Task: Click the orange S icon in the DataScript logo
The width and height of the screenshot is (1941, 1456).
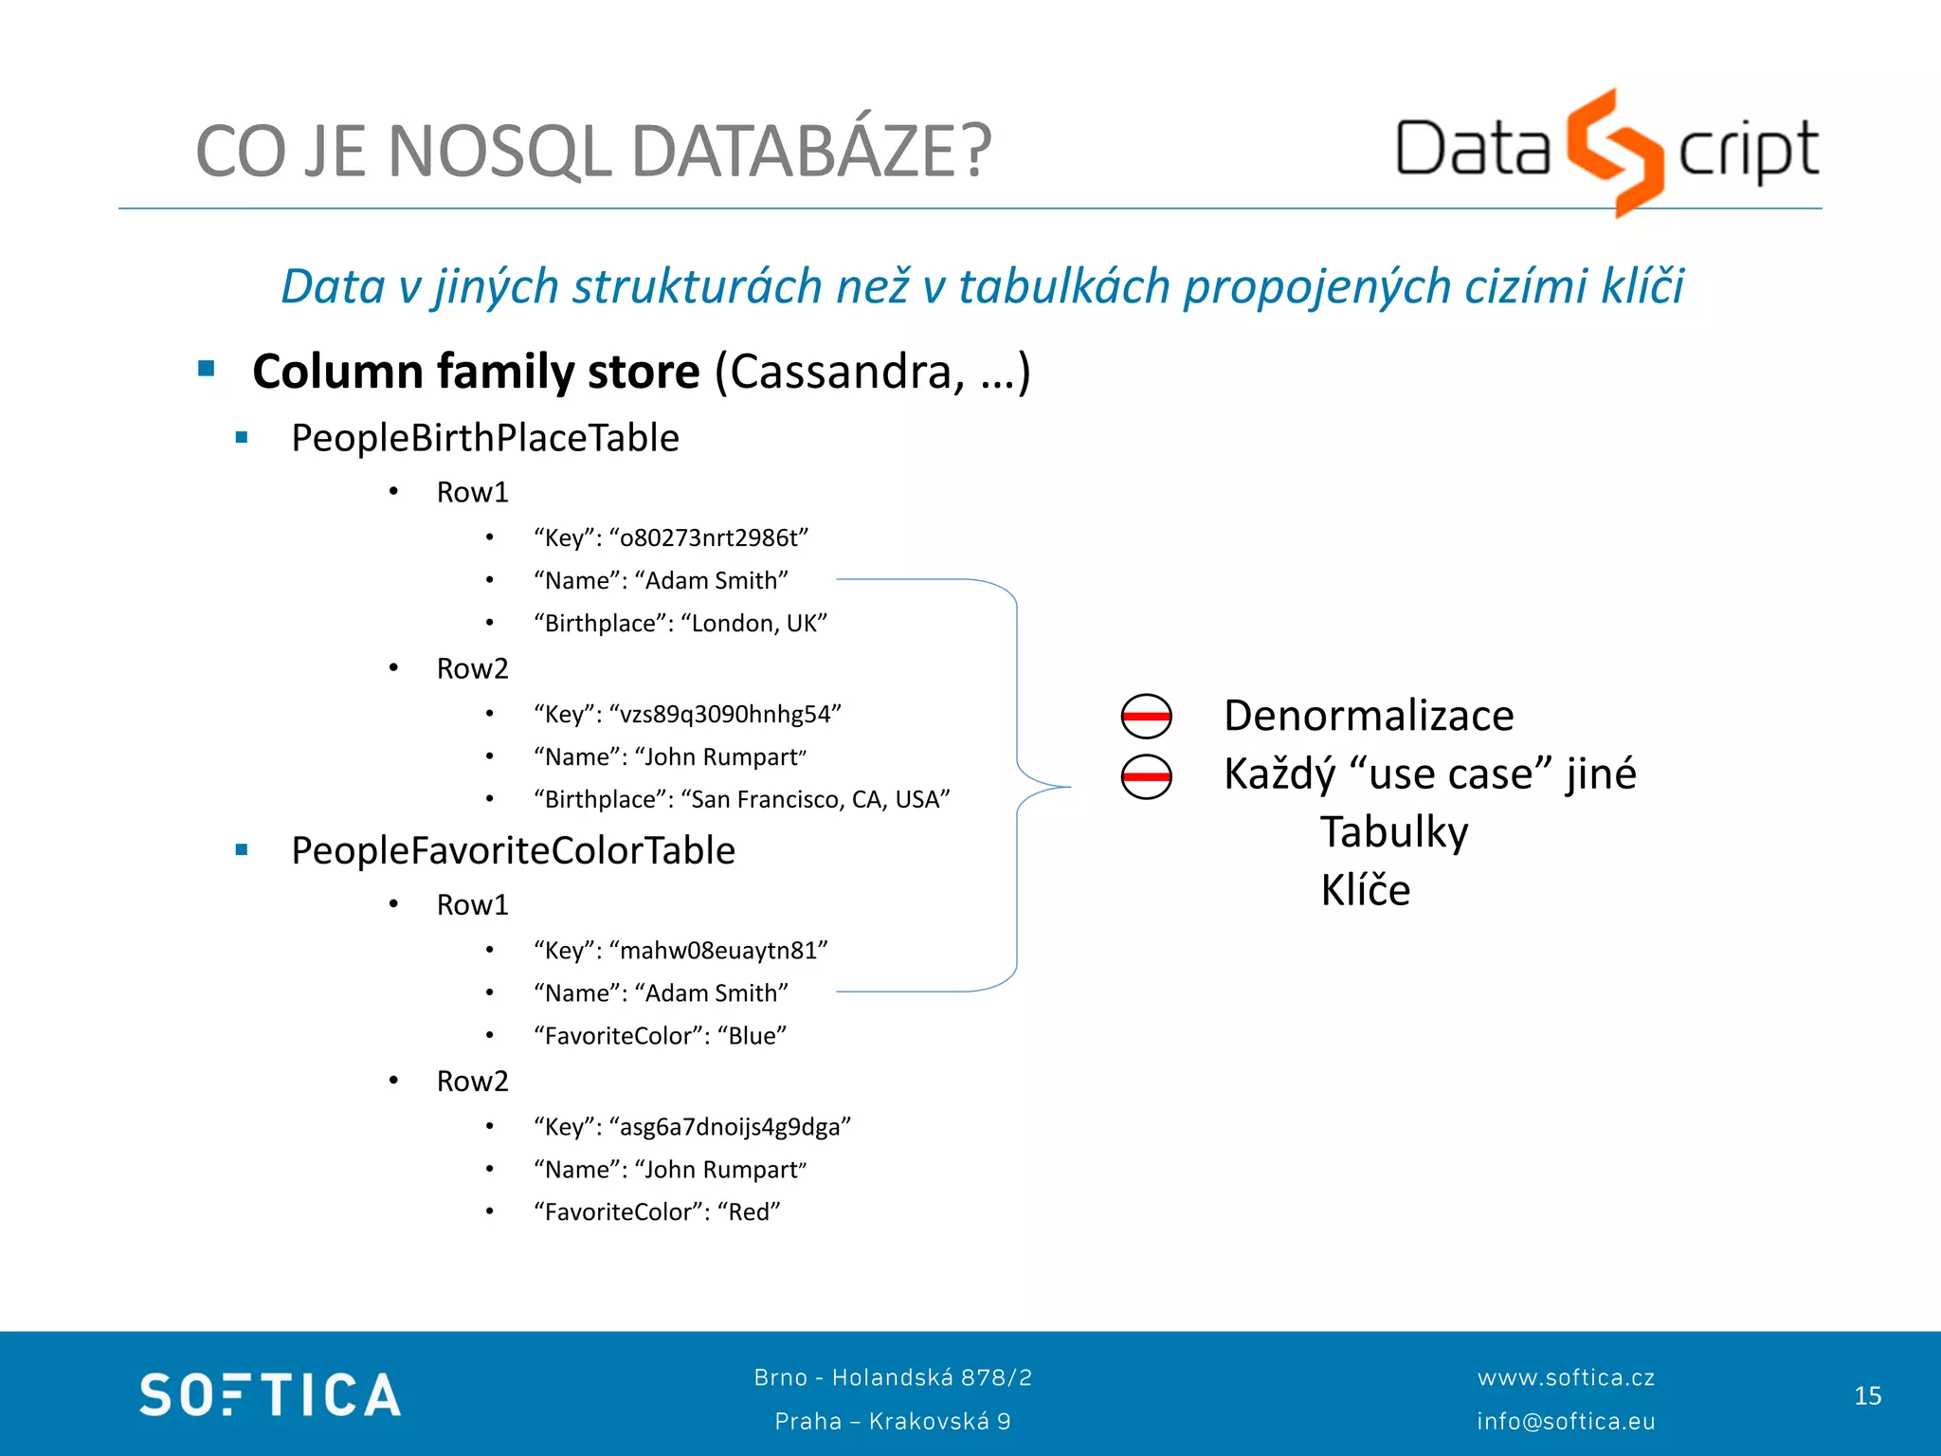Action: pos(1614,152)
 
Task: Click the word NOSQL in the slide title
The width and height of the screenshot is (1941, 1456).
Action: pos(499,152)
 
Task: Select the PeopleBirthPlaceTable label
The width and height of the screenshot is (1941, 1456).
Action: pos(484,438)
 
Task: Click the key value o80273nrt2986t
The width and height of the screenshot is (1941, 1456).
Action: pos(709,538)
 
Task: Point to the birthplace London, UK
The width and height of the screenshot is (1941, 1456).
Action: pos(754,624)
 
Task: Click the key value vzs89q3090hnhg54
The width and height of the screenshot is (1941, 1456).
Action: pos(725,715)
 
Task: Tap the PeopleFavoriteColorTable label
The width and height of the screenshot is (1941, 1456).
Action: pos(513,851)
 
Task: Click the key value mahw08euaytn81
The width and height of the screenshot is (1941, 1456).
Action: pos(718,951)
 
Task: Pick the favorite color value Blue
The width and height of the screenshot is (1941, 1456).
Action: pos(753,1036)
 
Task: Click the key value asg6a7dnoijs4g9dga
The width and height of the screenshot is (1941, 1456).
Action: pos(730,1127)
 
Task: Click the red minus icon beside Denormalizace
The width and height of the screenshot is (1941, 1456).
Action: pos(1146,717)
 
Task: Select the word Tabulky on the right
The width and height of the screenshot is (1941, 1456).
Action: pos(1394,832)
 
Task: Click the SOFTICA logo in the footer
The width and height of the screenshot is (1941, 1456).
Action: pos(270,1395)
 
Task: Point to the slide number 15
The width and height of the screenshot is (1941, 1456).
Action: pos(1867,1396)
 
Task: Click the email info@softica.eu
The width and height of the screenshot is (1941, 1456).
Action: pos(1566,1422)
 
